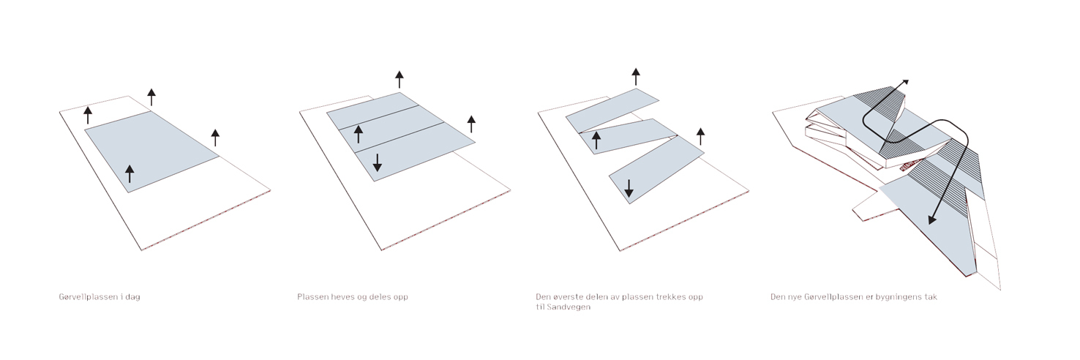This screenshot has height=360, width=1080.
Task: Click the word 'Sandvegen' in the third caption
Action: pyautogui.click(x=569, y=307)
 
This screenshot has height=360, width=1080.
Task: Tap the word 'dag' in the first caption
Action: pyautogui.click(x=132, y=297)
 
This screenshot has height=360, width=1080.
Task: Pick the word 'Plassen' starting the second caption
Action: pyautogui.click(x=312, y=297)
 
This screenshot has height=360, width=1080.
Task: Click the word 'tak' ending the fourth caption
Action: pyautogui.click(x=931, y=297)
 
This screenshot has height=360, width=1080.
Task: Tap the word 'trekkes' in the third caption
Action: pyautogui.click(x=672, y=297)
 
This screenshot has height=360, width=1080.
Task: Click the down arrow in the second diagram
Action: pyautogui.click(x=377, y=162)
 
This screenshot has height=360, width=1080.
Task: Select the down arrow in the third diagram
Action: pyautogui.click(x=629, y=189)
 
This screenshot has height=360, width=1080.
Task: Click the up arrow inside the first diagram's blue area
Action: pyautogui.click(x=130, y=173)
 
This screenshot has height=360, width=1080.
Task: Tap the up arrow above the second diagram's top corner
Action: pyautogui.click(x=400, y=80)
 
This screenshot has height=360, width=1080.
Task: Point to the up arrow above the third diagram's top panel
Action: pyautogui.click(x=636, y=77)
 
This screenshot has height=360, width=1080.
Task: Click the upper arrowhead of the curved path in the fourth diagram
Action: pyautogui.click(x=905, y=82)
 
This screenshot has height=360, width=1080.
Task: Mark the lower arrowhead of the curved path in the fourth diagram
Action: pyautogui.click(x=932, y=220)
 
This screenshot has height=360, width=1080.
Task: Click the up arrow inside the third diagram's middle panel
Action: pyautogui.click(x=596, y=140)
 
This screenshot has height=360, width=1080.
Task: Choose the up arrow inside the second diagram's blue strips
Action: pyautogui.click(x=358, y=134)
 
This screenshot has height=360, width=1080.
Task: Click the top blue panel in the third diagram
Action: pyautogui.click(x=612, y=110)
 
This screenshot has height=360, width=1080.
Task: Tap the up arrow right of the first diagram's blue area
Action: pyautogui.click(x=216, y=138)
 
